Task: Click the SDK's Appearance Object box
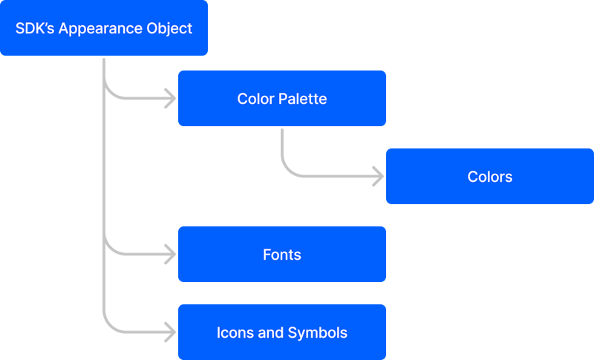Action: click(x=104, y=28)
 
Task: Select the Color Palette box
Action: click(x=281, y=98)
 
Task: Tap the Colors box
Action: click(x=489, y=176)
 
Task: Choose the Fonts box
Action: click(x=281, y=254)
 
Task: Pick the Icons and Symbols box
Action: click(x=281, y=332)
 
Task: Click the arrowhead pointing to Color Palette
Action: click(x=171, y=98)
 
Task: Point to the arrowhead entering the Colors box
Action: click(x=379, y=177)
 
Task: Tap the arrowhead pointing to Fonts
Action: click(x=171, y=255)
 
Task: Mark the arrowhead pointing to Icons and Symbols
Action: click(x=171, y=333)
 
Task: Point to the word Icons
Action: click(x=235, y=333)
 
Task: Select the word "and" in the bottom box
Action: click(x=270, y=333)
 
